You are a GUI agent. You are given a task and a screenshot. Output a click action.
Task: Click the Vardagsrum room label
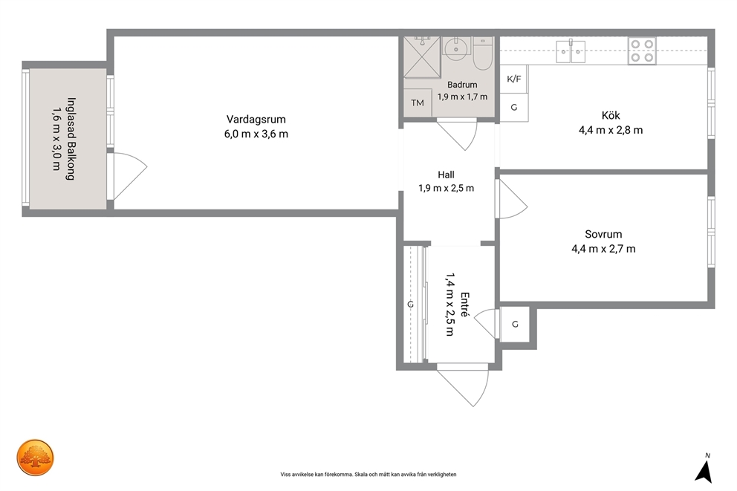tap(256, 120)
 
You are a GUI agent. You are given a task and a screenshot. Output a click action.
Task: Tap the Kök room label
tap(611, 115)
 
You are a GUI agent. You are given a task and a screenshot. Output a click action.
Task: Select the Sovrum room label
tap(603, 234)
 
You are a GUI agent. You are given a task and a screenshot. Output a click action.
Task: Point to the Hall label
tap(446, 175)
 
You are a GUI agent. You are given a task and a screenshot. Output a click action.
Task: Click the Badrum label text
tap(462, 85)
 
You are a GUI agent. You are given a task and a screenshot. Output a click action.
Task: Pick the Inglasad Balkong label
tap(71, 139)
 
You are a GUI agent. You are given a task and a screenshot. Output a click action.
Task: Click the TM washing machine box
tap(418, 103)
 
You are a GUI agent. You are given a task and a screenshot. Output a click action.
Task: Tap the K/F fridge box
tap(513, 79)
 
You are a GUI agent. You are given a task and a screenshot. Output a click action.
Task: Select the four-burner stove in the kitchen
tap(642, 51)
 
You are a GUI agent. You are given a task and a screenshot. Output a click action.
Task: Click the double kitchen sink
tap(571, 51)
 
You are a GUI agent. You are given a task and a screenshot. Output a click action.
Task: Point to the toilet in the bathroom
tap(482, 53)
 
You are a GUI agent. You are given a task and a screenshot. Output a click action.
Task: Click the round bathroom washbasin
tap(455, 48)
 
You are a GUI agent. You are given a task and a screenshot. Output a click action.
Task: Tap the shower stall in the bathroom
tap(422, 57)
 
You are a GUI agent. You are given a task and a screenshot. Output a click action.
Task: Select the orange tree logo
tap(35, 458)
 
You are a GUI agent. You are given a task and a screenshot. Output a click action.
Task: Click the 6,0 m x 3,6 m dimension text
tap(256, 134)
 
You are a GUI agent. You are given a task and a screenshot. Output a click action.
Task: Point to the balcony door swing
tap(127, 177)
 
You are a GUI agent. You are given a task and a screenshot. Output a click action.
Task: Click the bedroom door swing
tap(513, 199)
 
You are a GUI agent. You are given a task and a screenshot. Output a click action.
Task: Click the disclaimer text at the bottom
tap(368, 475)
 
